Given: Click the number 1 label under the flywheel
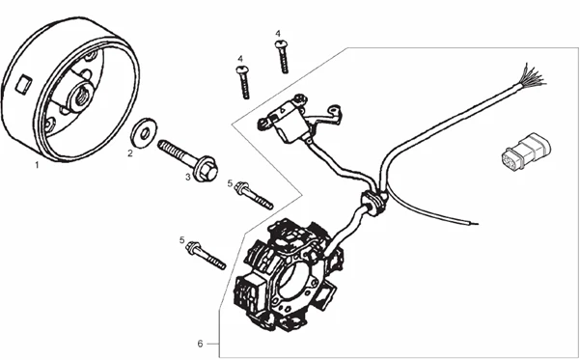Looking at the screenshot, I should tap(37, 165).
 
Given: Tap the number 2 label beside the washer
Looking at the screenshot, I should tap(130, 152).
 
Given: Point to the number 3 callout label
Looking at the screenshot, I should tap(187, 177).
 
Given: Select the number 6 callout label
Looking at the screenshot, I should tap(200, 343).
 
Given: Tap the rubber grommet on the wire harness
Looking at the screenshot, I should tap(371, 201).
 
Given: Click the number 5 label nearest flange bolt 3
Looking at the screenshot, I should tap(230, 183).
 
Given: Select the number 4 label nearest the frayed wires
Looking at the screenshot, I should tap(278, 35).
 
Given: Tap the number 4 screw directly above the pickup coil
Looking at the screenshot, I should tap(243, 81).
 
